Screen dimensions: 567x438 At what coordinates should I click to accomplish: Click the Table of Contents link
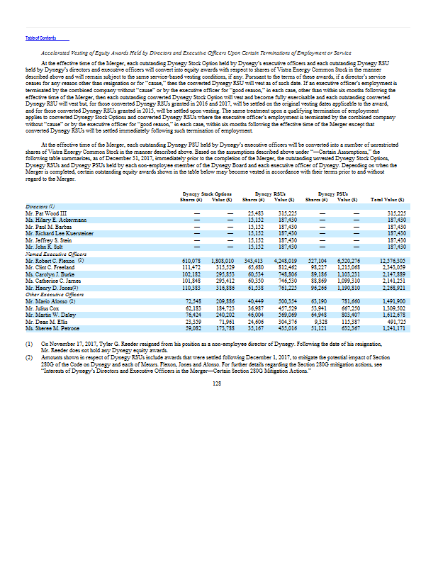[x=40, y=38]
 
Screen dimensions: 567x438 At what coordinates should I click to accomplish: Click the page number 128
[x=218, y=383]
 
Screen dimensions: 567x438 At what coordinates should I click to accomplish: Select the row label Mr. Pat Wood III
[x=42, y=213]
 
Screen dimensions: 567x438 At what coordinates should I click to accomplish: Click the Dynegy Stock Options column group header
[x=198, y=193]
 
